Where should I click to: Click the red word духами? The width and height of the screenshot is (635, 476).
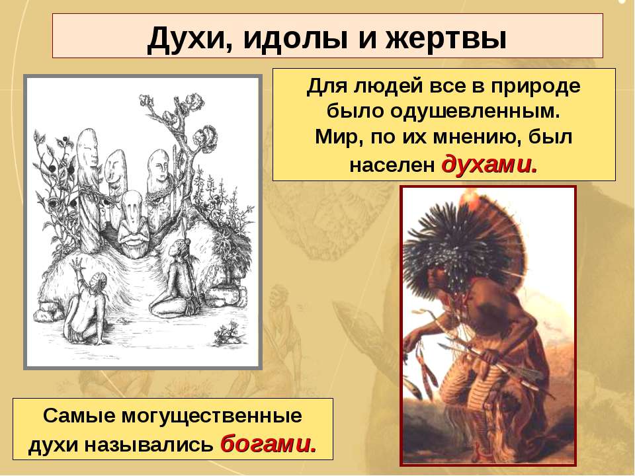tap(489, 165)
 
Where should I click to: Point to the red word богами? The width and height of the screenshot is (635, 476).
tap(269, 444)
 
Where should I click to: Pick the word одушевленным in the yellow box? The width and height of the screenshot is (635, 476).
tap(475, 111)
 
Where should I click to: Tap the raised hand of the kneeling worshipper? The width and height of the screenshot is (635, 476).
tap(77, 266)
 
